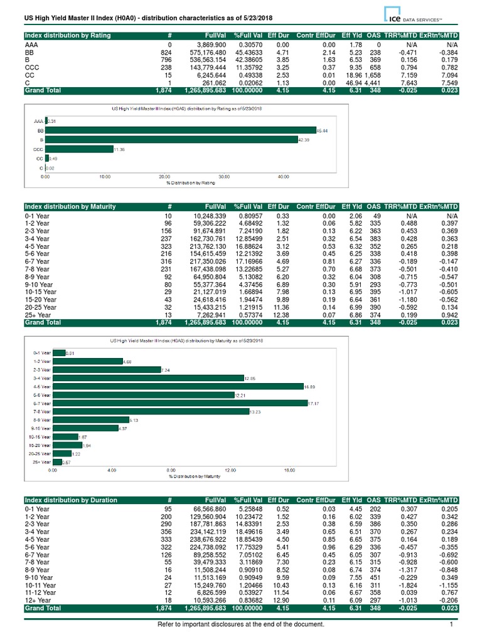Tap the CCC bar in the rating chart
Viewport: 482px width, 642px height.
[x=78, y=150]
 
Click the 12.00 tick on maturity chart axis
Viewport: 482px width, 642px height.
[x=230, y=469]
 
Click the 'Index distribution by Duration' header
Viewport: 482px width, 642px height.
[x=70, y=500]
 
